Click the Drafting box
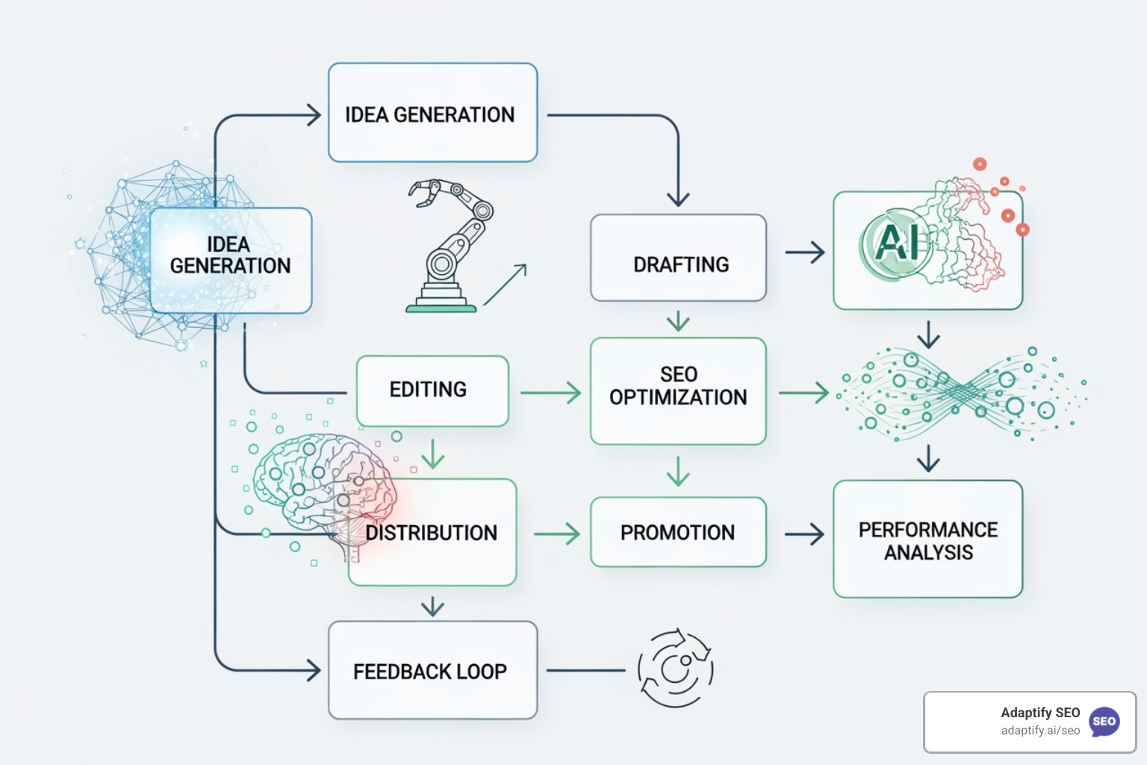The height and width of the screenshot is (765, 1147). click(678, 258)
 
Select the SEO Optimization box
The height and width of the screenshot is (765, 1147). click(678, 391)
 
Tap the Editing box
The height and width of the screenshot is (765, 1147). click(432, 391)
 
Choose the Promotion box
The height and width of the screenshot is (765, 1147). click(678, 532)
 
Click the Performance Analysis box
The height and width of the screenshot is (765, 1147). click(927, 539)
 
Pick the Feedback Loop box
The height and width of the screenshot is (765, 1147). click(432, 670)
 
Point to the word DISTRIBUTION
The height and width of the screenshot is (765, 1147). click(432, 533)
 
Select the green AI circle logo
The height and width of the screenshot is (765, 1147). click(896, 243)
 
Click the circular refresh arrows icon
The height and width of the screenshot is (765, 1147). click(675, 667)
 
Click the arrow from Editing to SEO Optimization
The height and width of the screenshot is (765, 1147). click(551, 392)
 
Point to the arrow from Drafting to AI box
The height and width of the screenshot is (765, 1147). click(805, 253)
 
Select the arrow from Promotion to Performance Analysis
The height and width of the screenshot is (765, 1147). click(804, 533)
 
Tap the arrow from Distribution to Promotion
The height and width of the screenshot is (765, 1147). click(557, 533)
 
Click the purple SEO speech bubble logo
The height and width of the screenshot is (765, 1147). click(1104, 722)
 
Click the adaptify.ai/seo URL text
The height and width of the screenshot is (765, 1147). click(1040, 731)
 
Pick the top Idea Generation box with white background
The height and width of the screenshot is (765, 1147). click(432, 113)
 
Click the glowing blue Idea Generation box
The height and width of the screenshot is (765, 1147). click(231, 260)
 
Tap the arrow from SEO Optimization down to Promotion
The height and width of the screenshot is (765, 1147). click(678, 471)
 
